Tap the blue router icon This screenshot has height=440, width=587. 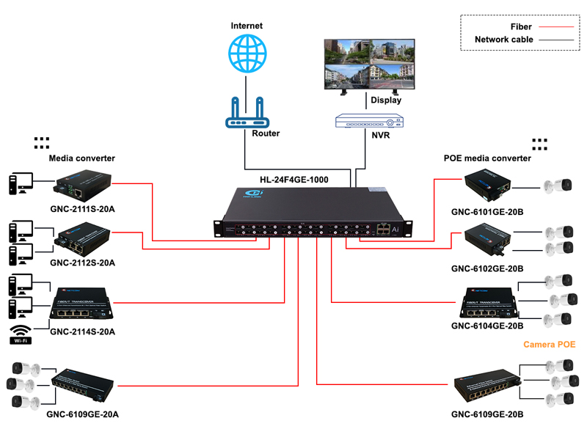(247, 111)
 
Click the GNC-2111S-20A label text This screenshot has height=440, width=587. (83, 209)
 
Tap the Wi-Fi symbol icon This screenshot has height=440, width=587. (21, 334)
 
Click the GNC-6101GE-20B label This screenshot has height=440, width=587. (487, 213)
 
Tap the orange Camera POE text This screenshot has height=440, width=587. (548, 344)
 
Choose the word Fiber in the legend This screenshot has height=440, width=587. (521, 26)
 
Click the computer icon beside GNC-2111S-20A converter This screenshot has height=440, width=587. (19, 186)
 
